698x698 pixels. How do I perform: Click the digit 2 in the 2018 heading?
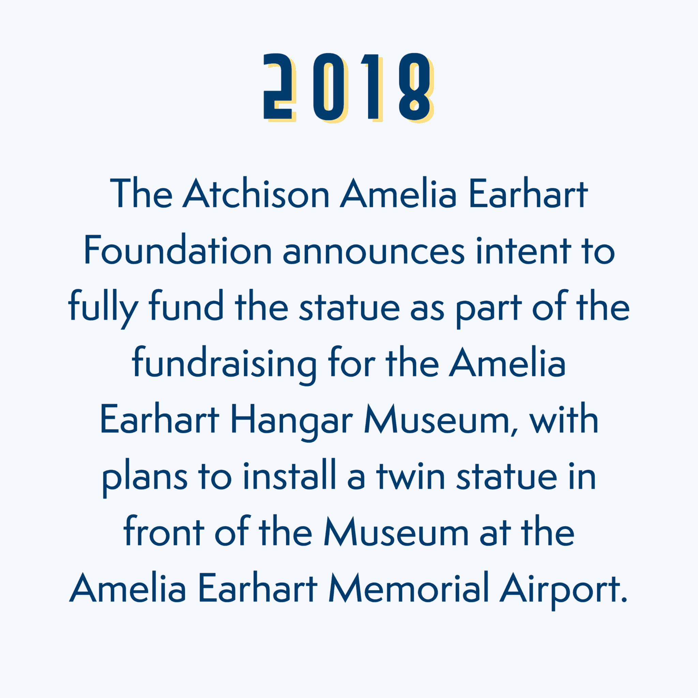[277, 87]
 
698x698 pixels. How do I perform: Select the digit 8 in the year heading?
[415, 87]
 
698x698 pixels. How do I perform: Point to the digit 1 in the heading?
[372, 87]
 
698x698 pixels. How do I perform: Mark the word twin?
[410, 476]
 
